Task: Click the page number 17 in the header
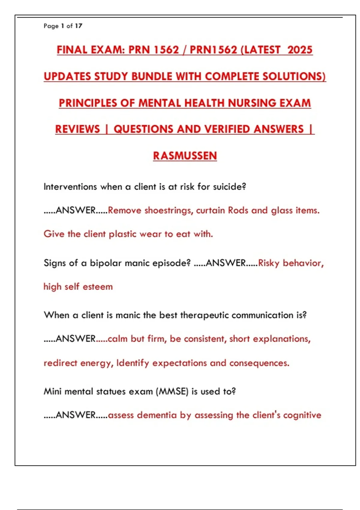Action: point(79,26)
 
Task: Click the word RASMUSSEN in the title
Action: point(185,156)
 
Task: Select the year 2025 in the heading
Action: point(300,49)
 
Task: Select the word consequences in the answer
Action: point(259,363)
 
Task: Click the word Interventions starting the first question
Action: point(70,187)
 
